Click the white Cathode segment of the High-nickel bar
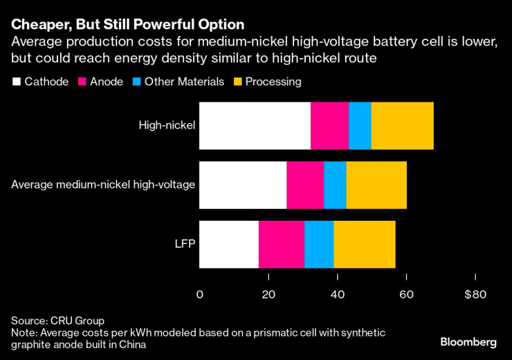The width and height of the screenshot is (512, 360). [255, 125]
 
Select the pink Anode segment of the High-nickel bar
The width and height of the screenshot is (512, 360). [329, 125]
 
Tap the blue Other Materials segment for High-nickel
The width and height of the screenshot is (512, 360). [360, 125]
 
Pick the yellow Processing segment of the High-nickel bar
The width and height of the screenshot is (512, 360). [403, 125]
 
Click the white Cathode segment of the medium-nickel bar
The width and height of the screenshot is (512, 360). [243, 185]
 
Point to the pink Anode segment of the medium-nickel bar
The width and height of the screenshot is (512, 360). [305, 185]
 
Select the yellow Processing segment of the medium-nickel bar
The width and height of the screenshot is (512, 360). [376, 185]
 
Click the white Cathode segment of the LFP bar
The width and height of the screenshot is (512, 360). [229, 244]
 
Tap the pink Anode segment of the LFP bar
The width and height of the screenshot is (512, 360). [282, 244]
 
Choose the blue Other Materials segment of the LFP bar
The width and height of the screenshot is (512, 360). [319, 244]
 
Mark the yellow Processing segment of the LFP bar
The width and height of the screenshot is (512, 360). [365, 244]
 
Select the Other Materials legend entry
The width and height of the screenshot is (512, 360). [179, 82]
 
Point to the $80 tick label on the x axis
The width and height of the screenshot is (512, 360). [475, 294]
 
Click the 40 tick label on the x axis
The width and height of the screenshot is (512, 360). [338, 294]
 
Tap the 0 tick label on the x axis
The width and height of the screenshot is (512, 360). [200, 294]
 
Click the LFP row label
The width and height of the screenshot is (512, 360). [184, 244]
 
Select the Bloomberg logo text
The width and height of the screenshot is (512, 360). [468, 342]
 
